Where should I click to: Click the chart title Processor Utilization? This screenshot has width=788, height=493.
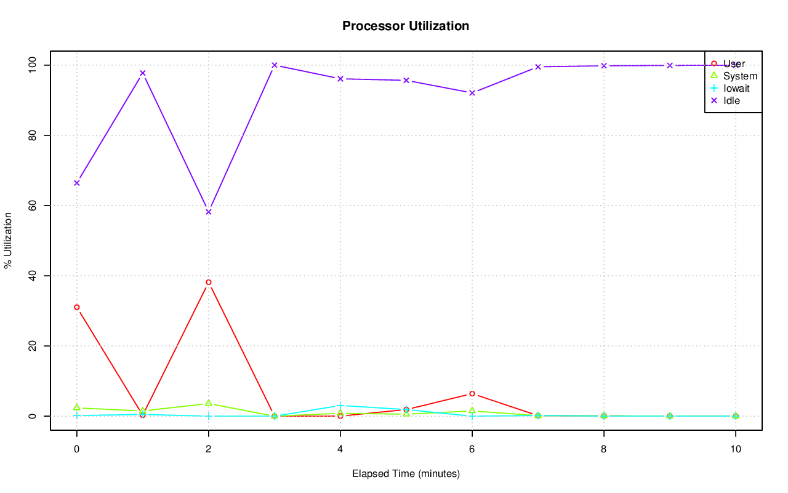click(x=406, y=26)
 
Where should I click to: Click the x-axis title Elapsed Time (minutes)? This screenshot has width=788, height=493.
click(x=406, y=474)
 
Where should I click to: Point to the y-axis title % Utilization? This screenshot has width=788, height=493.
click(x=8, y=240)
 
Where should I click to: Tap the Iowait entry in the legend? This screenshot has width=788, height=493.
click(x=736, y=88)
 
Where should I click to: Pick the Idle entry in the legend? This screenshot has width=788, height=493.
click(x=731, y=100)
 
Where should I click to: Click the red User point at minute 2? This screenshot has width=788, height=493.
click(x=209, y=282)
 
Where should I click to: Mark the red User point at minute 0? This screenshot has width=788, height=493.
click(x=77, y=307)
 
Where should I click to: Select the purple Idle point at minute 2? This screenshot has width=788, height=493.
click(x=209, y=212)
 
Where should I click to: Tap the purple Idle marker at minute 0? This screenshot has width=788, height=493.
click(x=77, y=183)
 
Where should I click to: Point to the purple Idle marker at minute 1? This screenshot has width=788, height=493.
click(x=143, y=73)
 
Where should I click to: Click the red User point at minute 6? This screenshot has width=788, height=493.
click(x=472, y=393)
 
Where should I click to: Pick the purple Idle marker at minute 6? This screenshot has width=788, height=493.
click(x=472, y=93)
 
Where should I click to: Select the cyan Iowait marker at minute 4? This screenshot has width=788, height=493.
click(x=340, y=406)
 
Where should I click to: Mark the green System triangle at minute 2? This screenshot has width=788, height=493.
click(x=209, y=403)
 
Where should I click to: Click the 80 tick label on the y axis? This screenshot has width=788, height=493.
click(x=31, y=135)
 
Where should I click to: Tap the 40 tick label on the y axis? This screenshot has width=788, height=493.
click(x=31, y=276)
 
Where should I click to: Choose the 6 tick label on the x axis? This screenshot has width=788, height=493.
click(x=472, y=449)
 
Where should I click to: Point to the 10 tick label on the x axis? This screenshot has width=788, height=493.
click(x=735, y=449)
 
